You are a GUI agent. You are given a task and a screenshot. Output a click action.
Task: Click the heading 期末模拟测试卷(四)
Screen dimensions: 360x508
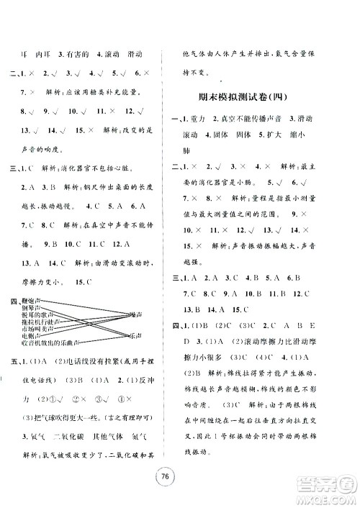[264, 97]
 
